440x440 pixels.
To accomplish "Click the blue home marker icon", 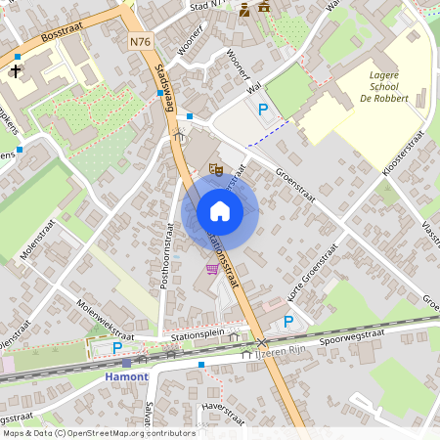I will [220, 211].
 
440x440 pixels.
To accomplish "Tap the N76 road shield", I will [140, 41].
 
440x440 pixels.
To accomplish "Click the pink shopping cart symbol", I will [212, 269].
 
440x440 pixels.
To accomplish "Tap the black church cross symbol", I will [16, 71].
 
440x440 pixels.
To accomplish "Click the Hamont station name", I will [126, 376].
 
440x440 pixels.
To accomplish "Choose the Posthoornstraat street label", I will [166, 258].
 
